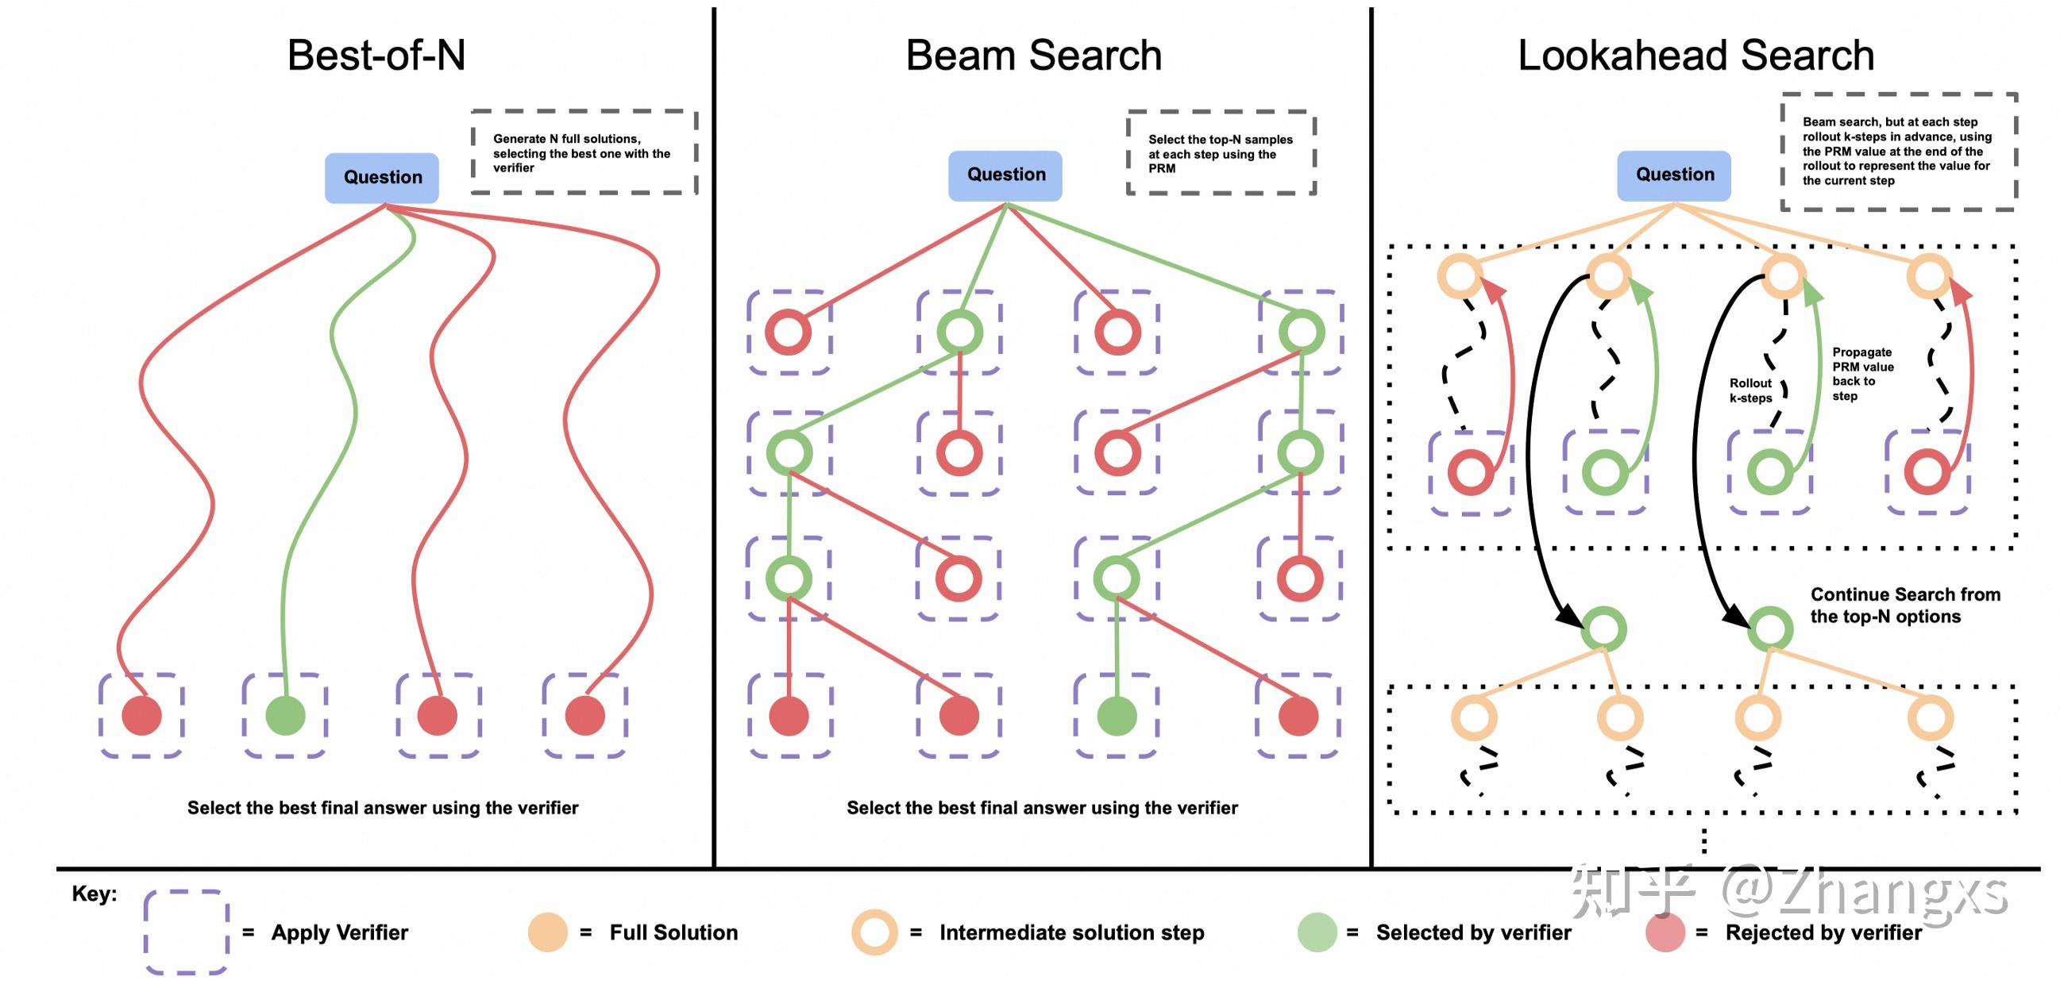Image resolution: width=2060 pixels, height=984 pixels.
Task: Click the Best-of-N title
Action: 376,56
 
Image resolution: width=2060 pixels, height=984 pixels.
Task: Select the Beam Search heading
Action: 1033,56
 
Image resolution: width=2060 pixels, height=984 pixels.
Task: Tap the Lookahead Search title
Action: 1695,56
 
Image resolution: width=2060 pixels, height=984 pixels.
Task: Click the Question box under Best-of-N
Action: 381,178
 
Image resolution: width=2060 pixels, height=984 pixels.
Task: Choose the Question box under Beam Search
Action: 1005,175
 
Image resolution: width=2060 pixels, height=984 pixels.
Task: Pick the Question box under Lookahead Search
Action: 1674,175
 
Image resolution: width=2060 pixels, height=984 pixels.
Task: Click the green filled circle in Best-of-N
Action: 284,715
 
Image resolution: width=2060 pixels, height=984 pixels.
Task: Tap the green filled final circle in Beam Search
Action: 1117,716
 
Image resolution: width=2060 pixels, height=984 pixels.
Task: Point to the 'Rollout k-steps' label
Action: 1750,391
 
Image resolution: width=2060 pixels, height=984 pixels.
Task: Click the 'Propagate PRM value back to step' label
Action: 1862,374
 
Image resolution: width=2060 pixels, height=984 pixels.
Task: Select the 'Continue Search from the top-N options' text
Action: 1904,605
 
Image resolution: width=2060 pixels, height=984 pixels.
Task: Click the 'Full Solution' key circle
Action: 548,932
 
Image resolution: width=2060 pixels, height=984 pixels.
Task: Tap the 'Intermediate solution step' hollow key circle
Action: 874,932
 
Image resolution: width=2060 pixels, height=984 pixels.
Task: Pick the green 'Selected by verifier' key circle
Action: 1317,932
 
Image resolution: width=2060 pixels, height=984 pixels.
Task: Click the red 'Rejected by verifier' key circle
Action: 1665,932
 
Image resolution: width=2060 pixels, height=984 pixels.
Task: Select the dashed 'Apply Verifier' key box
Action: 187,932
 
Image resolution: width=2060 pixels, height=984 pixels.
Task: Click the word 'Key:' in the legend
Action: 95,894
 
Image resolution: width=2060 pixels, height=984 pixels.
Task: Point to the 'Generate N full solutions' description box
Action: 583,152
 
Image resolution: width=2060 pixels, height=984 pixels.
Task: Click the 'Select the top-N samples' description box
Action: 1221,153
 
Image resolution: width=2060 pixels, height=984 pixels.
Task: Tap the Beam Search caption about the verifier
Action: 1041,808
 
